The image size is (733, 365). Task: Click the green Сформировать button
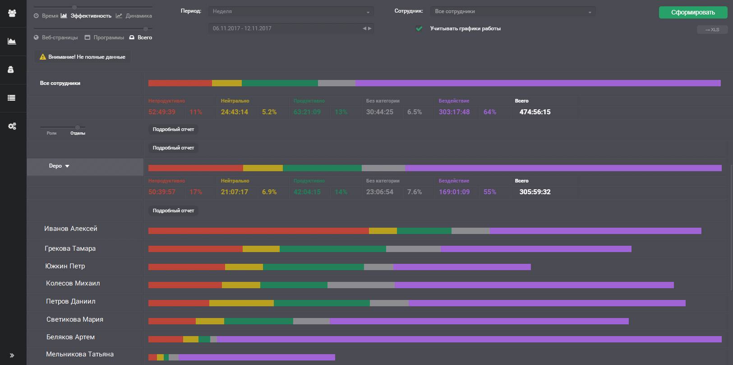click(693, 12)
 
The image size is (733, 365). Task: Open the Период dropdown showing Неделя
click(291, 12)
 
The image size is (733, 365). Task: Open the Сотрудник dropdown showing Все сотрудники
click(512, 12)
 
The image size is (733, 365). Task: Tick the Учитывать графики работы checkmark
click(420, 28)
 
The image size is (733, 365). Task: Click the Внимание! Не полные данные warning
click(83, 57)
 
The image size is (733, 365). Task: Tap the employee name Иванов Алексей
click(71, 229)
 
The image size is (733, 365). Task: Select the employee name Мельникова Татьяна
click(80, 354)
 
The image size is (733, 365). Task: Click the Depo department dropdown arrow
click(67, 166)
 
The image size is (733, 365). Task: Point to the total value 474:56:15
click(535, 112)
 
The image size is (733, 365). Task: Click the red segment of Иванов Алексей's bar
click(258, 231)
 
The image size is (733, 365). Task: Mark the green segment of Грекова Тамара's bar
click(332, 249)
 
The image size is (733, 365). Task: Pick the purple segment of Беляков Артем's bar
click(469, 339)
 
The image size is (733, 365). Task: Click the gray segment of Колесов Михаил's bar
click(361, 285)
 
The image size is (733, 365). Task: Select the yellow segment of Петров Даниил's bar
click(241, 303)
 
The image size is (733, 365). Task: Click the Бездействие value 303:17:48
click(454, 112)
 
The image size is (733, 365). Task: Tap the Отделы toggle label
click(78, 133)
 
